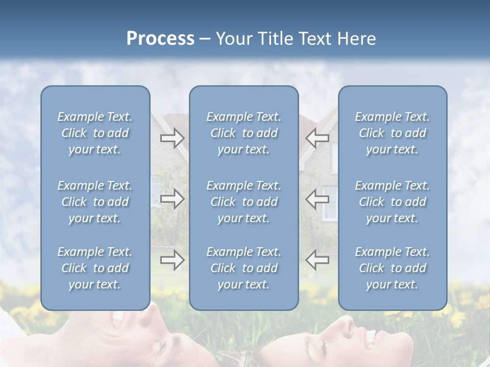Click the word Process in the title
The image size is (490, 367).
(160, 39)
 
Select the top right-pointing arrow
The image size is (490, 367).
(172, 138)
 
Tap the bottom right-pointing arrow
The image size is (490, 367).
(172, 260)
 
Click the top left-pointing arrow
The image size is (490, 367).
(317, 138)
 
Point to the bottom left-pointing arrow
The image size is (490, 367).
(317, 260)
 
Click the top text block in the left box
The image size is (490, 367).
(95, 133)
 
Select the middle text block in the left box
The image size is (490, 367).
(95, 202)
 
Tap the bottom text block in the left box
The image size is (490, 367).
(95, 268)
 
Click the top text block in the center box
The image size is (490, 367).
(243, 133)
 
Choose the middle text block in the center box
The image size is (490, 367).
(243, 202)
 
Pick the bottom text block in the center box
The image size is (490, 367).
(243, 268)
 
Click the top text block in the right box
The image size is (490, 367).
(392, 133)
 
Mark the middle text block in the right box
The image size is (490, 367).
(392, 202)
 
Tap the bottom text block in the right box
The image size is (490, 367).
(392, 268)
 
